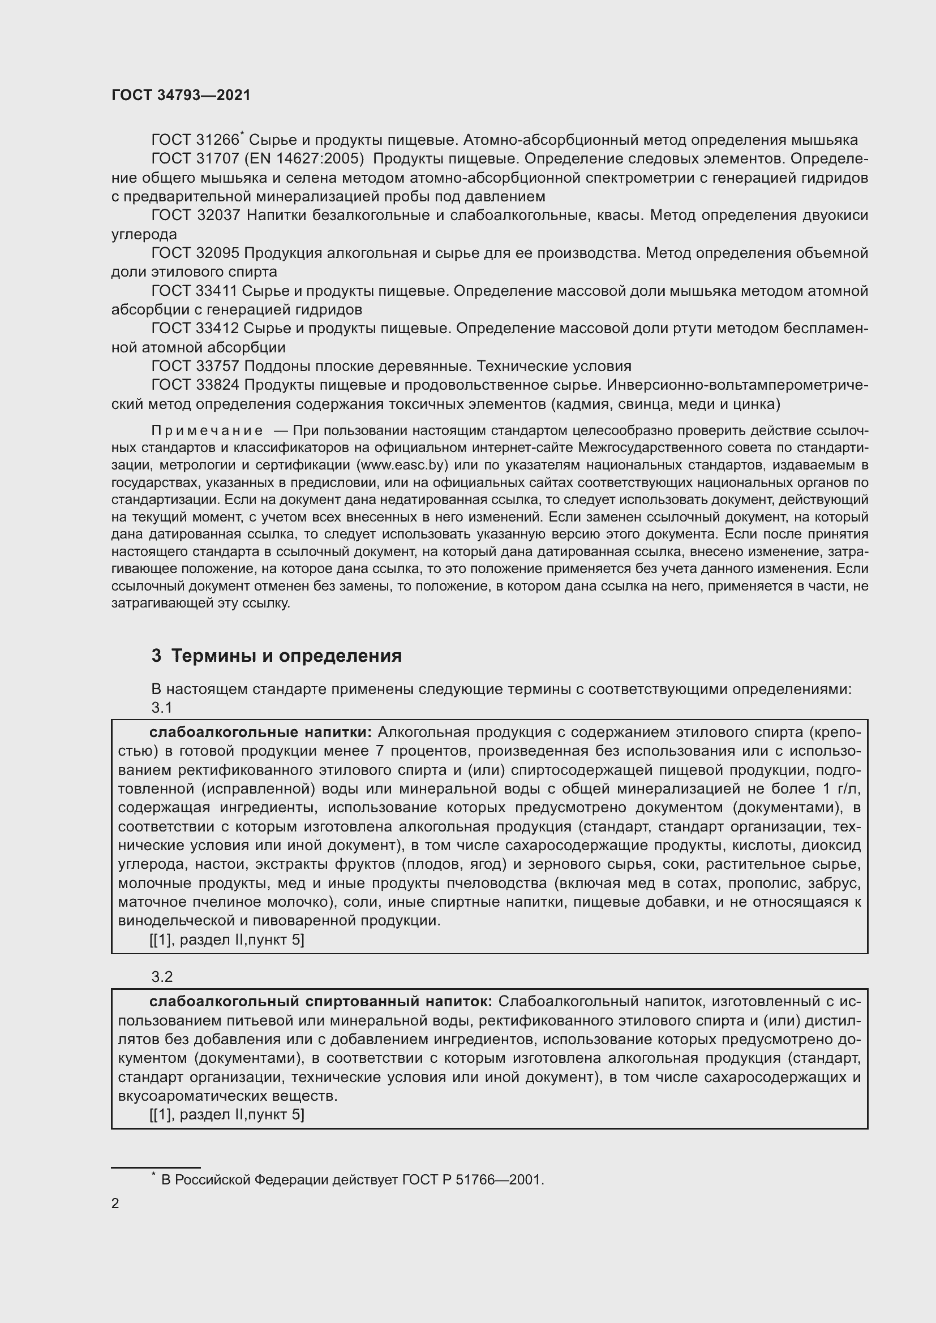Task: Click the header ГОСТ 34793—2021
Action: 181,95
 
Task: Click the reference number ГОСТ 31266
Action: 195,140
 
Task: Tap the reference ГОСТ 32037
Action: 195,216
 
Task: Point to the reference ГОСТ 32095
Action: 195,253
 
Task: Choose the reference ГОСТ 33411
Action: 195,291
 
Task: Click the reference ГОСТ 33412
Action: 195,329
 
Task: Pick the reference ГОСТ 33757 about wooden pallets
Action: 195,366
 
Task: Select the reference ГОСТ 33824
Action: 195,385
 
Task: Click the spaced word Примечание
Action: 207,430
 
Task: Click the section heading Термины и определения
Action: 286,656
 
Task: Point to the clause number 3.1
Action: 162,707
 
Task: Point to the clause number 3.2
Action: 162,976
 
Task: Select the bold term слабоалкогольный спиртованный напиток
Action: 320,1002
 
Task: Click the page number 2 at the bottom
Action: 115,1203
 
